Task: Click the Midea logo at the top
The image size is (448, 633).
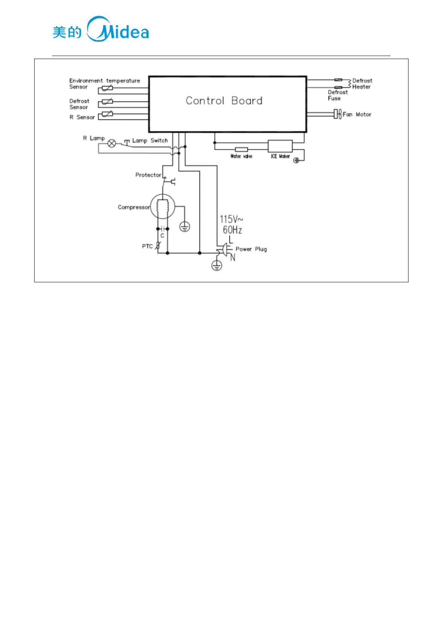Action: [x=101, y=29]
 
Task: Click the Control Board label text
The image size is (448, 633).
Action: [x=224, y=101]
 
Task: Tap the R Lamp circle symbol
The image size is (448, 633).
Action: [x=112, y=143]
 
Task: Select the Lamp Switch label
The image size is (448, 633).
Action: [x=150, y=141]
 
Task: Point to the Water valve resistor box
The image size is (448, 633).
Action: [x=241, y=150]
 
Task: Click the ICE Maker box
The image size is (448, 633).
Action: [x=280, y=146]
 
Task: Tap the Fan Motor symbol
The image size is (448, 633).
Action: [x=337, y=114]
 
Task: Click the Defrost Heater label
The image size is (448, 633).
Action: [x=362, y=83]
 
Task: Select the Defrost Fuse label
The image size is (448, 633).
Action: [x=337, y=95]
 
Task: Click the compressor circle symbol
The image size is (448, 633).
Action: [x=162, y=206]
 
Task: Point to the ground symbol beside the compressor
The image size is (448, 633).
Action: [x=184, y=227]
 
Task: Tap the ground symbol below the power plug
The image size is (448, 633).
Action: [x=216, y=265]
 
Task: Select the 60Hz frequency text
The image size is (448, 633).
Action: [x=232, y=230]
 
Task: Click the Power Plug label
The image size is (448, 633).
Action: [x=251, y=249]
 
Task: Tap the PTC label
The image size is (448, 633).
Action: [x=147, y=246]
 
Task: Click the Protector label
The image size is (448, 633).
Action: [x=148, y=175]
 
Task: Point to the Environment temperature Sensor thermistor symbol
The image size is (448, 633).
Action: [x=107, y=88]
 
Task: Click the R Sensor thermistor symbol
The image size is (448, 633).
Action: [x=107, y=114]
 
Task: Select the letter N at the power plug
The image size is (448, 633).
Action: [x=233, y=257]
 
